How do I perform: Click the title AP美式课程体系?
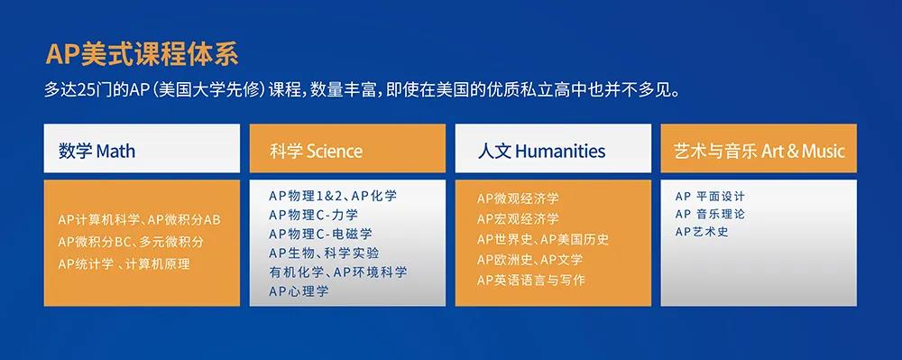point(142,54)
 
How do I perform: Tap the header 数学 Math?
point(97,150)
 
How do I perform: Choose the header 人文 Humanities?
point(541,150)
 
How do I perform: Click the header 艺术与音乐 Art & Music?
point(759,150)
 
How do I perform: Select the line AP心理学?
point(299,291)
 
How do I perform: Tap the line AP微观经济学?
point(518,198)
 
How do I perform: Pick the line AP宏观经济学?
point(518,219)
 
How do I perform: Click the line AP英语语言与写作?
point(530,280)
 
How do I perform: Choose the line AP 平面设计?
point(710,196)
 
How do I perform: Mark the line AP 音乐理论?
point(710,214)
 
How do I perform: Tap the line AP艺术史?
point(701,232)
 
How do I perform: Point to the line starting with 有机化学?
point(337,272)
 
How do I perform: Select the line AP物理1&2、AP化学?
point(332,196)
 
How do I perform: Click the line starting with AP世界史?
point(542,239)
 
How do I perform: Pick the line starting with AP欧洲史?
point(529,260)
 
